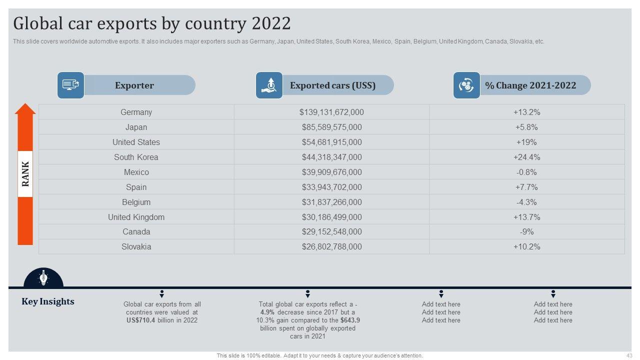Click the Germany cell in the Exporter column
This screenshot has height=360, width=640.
click(136, 112)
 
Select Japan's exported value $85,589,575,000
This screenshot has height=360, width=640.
click(331, 127)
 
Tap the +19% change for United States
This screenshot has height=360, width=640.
click(526, 142)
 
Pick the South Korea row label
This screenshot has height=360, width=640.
click(136, 157)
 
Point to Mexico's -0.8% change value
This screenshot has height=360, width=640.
click(526, 172)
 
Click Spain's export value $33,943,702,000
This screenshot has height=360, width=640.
click(331, 187)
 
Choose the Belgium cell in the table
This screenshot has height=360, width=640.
click(136, 202)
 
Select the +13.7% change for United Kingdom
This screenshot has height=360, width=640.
click(526, 217)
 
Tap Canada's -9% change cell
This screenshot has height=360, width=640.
click(526, 232)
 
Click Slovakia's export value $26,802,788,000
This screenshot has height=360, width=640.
click(331, 247)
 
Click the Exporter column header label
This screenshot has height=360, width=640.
click(134, 85)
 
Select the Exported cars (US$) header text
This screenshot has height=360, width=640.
click(332, 85)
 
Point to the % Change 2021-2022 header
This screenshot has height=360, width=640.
click(530, 85)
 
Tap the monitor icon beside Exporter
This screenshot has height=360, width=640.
click(70, 85)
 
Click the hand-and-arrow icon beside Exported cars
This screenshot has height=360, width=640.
click(269, 85)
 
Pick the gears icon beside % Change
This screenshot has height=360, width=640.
click(466, 85)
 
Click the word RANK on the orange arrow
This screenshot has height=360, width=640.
click(25, 174)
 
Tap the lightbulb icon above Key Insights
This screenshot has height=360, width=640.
click(43, 277)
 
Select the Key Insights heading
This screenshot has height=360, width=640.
click(48, 301)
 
